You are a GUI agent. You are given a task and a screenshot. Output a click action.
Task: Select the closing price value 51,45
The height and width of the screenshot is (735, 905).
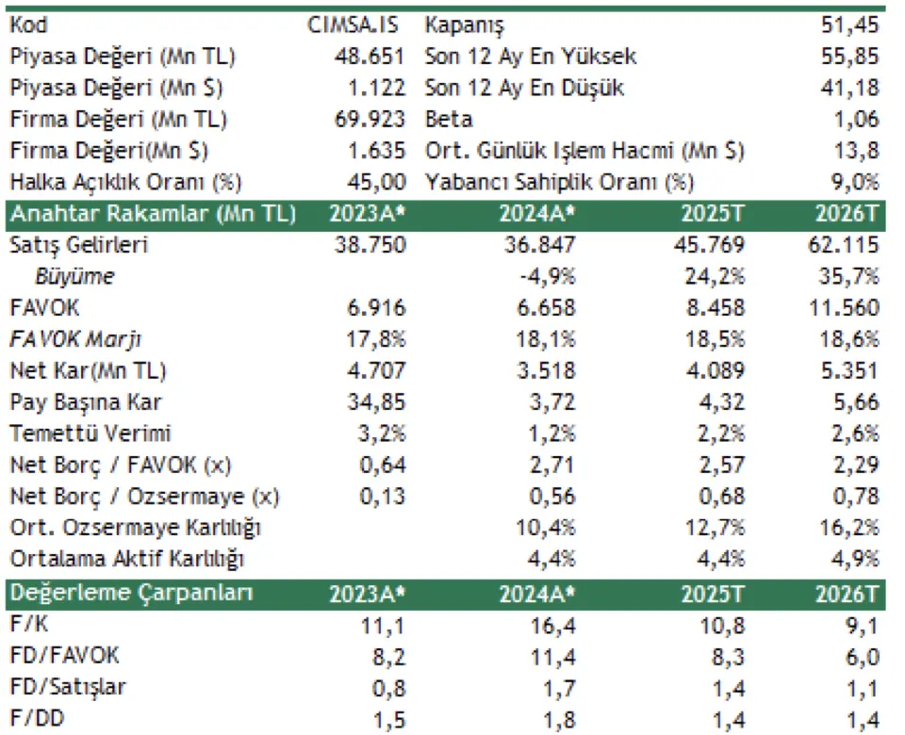850,24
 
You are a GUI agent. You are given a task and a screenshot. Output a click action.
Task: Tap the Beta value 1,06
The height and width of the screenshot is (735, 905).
857,120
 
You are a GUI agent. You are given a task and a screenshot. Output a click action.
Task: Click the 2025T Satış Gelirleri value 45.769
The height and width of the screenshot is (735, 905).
712,246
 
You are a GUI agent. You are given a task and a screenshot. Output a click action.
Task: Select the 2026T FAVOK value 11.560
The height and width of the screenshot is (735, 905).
844,308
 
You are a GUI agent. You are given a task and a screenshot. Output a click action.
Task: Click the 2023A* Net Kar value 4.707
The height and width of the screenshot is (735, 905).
373,371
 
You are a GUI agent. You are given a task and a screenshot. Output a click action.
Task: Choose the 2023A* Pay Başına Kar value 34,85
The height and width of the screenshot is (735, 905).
374,402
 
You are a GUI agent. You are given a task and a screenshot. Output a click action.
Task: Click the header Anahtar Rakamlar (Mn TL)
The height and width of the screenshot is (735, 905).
152,214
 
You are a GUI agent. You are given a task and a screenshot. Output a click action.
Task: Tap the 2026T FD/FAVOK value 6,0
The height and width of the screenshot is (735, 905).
863,657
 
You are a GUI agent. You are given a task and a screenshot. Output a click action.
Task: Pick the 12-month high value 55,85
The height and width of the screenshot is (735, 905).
850,57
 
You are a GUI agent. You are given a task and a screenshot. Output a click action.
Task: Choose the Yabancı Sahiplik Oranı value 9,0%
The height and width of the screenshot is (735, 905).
856,183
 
